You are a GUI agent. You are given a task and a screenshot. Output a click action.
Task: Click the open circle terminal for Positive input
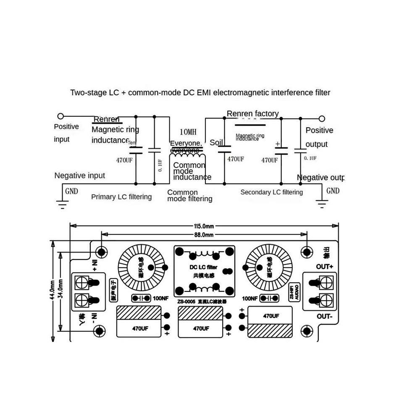point(60,116)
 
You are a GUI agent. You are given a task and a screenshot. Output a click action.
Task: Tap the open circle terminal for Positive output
point(322,119)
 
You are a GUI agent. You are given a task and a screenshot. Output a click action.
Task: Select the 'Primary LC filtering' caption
point(121,197)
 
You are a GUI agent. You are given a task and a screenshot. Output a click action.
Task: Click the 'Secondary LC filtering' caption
point(271,192)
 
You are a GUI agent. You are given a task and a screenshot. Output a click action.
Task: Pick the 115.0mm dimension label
point(204,226)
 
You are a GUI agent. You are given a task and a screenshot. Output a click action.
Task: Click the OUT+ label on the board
point(325,267)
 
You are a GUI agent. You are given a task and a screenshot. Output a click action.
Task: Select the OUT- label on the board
point(325,317)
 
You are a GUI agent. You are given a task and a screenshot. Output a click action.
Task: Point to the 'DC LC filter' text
point(203,267)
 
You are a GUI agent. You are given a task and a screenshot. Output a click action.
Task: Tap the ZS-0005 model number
point(185,302)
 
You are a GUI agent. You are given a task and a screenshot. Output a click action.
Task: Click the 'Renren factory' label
point(252,113)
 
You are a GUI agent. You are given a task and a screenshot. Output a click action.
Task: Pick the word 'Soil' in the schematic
point(216,143)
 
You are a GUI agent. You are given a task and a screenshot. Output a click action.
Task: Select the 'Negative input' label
point(80,176)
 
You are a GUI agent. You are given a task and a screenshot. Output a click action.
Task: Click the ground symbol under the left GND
point(62,205)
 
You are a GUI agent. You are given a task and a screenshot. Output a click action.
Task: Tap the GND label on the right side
point(333,191)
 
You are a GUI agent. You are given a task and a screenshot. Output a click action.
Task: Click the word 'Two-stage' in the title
point(85,92)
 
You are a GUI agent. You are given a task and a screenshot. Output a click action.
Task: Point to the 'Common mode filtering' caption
point(189,195)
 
